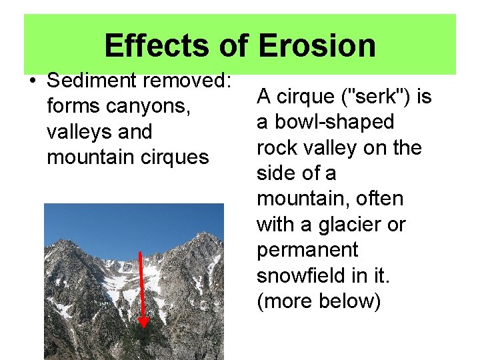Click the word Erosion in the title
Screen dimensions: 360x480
[x=317, y=46]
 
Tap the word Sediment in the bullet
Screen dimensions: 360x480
[x=93, y=81]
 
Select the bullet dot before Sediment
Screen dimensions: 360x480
[x=32, y=81]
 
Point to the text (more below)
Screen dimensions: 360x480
[x=319, y=301]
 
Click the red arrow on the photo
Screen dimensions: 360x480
[x=141, y=287]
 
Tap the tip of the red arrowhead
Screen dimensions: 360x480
[x=143, y=328]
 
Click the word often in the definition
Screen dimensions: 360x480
[x=379, y=199]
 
